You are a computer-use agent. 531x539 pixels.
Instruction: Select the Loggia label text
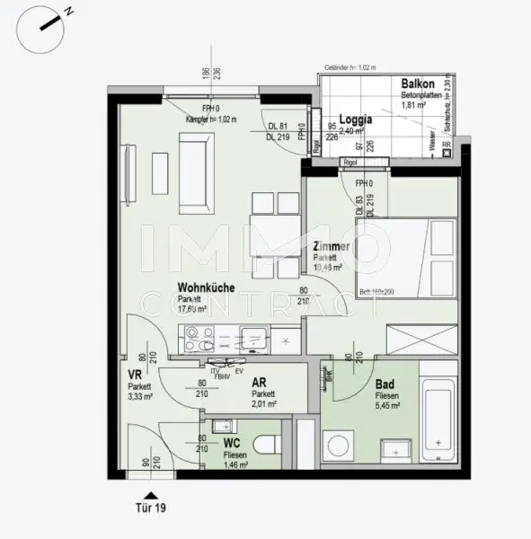[x=354, y=118]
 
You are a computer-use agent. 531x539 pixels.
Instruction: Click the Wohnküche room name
[x=206, y=288]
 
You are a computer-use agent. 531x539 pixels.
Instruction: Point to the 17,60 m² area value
[x=192, y=308]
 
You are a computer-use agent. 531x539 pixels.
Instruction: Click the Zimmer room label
[x=332, y=247]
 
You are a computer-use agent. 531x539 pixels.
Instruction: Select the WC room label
[x=232, y=444]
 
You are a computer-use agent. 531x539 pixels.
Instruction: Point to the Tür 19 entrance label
[x=150, y=508]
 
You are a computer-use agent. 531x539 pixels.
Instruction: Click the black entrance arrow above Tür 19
[x=150, y=492]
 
